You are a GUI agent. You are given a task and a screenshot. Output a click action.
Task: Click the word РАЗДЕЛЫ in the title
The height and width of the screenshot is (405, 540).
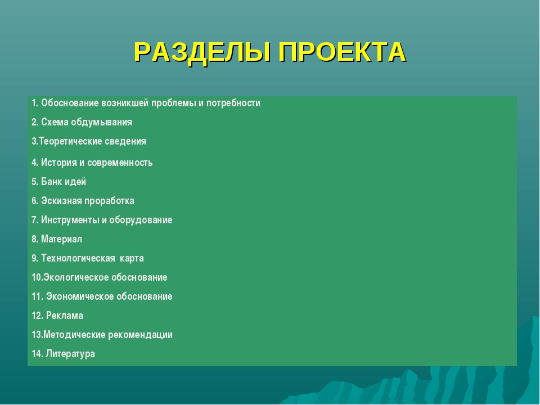(202, 53)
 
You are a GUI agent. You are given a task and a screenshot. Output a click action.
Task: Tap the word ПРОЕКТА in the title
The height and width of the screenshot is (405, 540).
(343, 52)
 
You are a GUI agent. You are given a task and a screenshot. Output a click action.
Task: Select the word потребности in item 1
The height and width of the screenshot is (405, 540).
(233, 103)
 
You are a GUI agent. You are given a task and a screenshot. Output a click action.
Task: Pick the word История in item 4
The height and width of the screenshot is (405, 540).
(58, 163)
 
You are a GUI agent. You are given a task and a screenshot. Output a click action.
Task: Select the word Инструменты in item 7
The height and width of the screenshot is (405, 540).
(70, 220)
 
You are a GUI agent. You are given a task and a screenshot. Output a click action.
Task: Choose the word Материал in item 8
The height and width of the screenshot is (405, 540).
(61, 239)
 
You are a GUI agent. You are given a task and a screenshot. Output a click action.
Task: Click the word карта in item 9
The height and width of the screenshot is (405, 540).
(132, 259)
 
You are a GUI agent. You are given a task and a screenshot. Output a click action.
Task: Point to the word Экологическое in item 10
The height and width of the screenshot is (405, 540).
(75, 277)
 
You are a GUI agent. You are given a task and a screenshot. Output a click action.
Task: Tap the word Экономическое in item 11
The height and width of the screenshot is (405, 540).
(80, 296)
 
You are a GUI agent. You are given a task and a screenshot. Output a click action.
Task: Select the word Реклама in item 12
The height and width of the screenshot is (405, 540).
(64, 316)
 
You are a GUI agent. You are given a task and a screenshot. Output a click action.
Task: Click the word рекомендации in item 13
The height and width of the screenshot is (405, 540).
(140, 335)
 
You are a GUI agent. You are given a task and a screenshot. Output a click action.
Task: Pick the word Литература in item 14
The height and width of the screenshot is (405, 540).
(70, 354)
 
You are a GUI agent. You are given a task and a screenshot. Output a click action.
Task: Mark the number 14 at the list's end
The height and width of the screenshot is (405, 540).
(37, 354)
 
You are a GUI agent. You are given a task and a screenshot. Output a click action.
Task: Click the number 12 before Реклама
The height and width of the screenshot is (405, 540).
(37, 316)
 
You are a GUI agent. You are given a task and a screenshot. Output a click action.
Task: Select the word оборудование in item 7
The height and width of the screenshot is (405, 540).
(141, 220)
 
